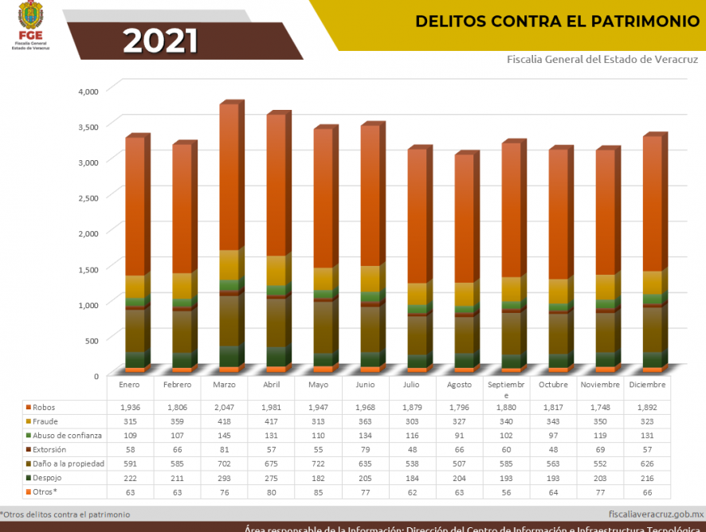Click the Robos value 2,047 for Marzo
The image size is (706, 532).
(x=224, y=407)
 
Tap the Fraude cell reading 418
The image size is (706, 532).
(x=224, y=421)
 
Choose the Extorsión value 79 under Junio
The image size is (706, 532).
(x=366, y=449)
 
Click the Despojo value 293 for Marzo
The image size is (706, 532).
(x=224, y=478)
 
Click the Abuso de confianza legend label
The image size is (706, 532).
(x=67, y=436)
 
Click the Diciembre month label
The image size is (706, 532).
(x=648, y=385)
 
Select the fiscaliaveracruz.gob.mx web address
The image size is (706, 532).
(x=655, y=514)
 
